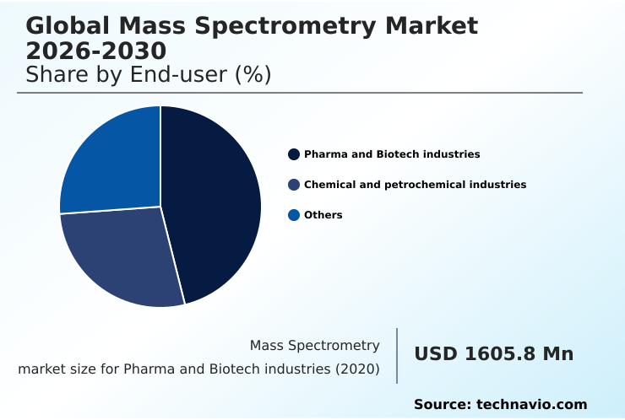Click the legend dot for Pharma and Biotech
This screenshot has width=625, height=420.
pos(294,154)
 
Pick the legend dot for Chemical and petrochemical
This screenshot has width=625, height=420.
pos(294,185)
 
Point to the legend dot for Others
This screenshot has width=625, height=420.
pos(294,215)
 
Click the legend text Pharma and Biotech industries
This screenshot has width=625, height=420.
pos(392,154)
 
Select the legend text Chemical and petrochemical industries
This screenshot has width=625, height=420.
pos(415,185)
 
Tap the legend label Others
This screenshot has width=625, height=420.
pos(323,215)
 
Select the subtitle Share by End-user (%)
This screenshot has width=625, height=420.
pos(149,75)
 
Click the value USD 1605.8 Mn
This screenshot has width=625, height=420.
pos(493,354)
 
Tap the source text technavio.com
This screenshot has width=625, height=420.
pos(531,405)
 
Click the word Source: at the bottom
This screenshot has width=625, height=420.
pos(443,405)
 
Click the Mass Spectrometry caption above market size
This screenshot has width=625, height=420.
pos(314,346)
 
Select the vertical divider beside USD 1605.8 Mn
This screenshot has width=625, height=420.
pos(397,356)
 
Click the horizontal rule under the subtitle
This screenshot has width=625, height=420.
pos(300,93)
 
